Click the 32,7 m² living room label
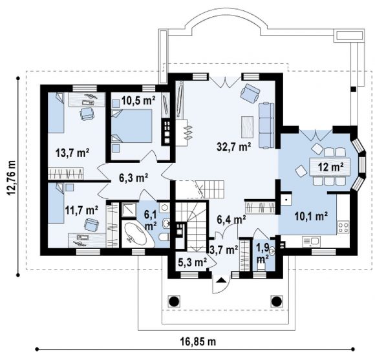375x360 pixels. [233, 146]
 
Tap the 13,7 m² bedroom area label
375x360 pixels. [72, 153]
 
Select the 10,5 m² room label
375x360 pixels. [138, 100]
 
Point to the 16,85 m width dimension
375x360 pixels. [198, 341]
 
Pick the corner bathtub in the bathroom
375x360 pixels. [137, 234]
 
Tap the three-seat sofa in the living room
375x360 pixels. [266, 125]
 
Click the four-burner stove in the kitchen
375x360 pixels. [343, 227]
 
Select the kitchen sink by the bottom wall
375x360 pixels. [311, 242]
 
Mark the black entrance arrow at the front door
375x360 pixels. [221, 280]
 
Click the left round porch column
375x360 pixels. [174, 301]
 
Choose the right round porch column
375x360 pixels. [277, 301]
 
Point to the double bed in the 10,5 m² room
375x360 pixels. [132, 126]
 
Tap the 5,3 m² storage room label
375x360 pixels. [193, 262]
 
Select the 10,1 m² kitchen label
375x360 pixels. [311, 217]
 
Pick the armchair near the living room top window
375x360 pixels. [250, 93]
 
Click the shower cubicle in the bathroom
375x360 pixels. [129, 209]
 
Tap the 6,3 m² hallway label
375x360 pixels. [133, 178]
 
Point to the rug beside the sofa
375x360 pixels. [247, 127]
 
